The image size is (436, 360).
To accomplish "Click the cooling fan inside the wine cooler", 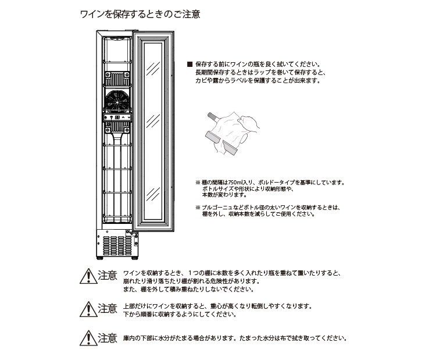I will tap(119, 101).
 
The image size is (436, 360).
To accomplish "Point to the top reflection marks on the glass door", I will tap(153, 68).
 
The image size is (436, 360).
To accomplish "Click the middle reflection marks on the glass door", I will tap(153, 119).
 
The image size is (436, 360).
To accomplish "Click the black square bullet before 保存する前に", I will tap(189, 64).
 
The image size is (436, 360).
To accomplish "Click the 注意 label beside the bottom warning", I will tap(108, 337).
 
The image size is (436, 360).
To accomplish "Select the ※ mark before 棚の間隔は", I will tap(198, 182).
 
